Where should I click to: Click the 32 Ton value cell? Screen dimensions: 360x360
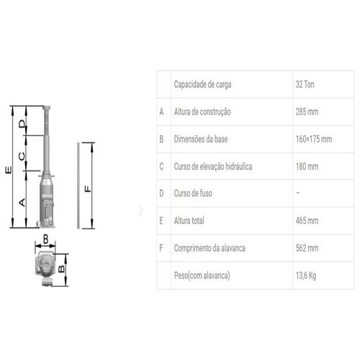(x=305, y=84)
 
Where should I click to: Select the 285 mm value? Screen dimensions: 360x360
(x=307, y=112)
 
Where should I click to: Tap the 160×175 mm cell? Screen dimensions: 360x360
(x=314, y=139)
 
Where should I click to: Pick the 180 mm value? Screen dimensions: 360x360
(x=307, y=166)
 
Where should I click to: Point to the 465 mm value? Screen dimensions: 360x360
(x=307, y=221)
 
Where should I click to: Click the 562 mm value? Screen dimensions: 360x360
(x=307, y=248)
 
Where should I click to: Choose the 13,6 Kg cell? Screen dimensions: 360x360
(x=306, y=276)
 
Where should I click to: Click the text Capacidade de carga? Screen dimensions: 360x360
(x=202, y=84)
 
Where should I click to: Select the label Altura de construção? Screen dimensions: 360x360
(x=202, y=112)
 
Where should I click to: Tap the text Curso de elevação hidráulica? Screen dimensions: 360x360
(x=213, y=166)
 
